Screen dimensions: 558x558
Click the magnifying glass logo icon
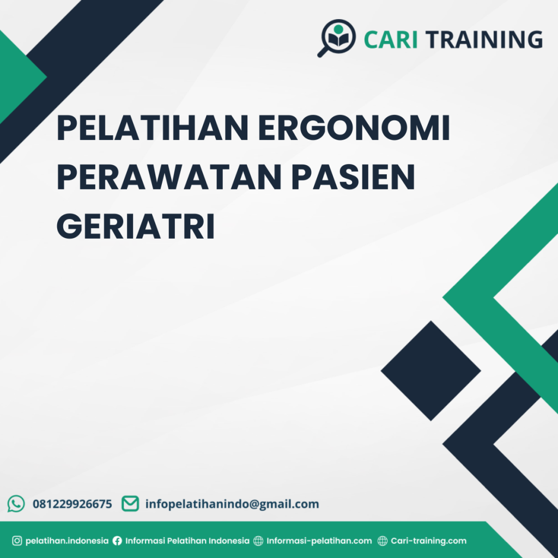(x=337, y=38)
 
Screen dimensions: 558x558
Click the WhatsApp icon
(x=16, y=504)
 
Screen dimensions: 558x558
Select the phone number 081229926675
(x=72, y=504)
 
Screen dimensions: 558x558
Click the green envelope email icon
(x=130, y=504)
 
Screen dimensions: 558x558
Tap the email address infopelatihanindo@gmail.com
(x=232, y=504)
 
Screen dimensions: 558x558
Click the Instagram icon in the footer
(x=17, y=541)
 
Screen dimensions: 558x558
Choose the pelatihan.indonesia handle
(x=67, y=541)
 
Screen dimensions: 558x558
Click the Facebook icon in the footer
(x=117, y=541)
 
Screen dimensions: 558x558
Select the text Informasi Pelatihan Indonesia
(x=187, y=541)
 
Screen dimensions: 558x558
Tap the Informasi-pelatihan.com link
(x=319, y=541)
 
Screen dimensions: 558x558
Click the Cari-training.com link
(x=429, y=541)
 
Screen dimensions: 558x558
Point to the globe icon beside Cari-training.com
(x=383, y=541)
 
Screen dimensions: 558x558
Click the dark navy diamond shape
(x=430, y=371)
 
